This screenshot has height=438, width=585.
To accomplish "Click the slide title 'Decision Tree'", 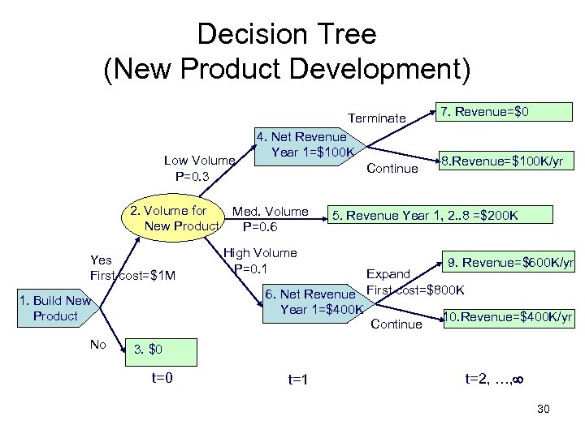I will point(287,34).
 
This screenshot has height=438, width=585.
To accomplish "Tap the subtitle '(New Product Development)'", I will point(287,71).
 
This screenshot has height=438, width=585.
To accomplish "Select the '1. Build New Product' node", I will point(55,308).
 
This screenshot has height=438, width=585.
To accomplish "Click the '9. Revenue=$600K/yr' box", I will point(510,263).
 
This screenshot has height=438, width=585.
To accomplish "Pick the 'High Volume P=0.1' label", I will point(259,260).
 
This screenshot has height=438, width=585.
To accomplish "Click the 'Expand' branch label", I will point(388,274).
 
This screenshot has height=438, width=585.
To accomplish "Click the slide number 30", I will point(544,409).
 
